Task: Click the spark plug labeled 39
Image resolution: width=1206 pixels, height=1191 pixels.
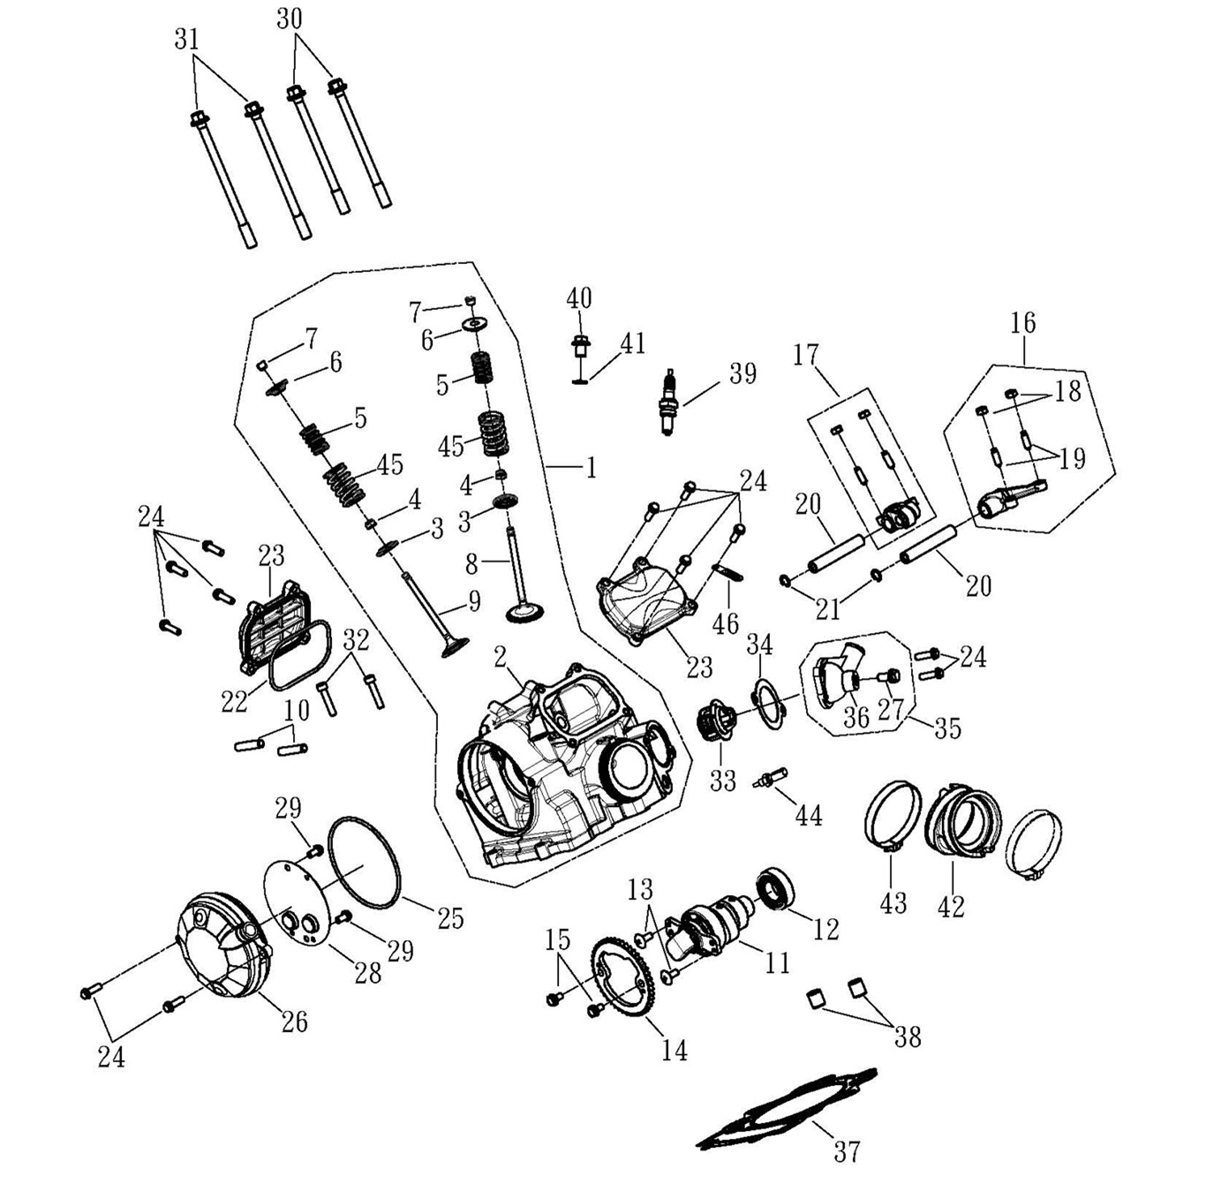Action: point(670,403)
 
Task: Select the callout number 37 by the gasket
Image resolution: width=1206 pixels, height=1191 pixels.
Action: point(847,1151)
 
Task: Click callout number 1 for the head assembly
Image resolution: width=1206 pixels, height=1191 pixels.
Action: point(591,466)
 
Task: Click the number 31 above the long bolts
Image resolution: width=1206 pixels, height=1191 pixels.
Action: point(186,40)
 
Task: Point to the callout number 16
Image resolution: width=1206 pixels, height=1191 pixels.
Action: point(1022,323)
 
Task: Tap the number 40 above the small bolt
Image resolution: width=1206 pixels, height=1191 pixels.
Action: point(579,298)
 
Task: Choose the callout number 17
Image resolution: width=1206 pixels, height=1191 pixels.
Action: point(805,355)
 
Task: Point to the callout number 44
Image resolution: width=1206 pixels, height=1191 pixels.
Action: point(809,815)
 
